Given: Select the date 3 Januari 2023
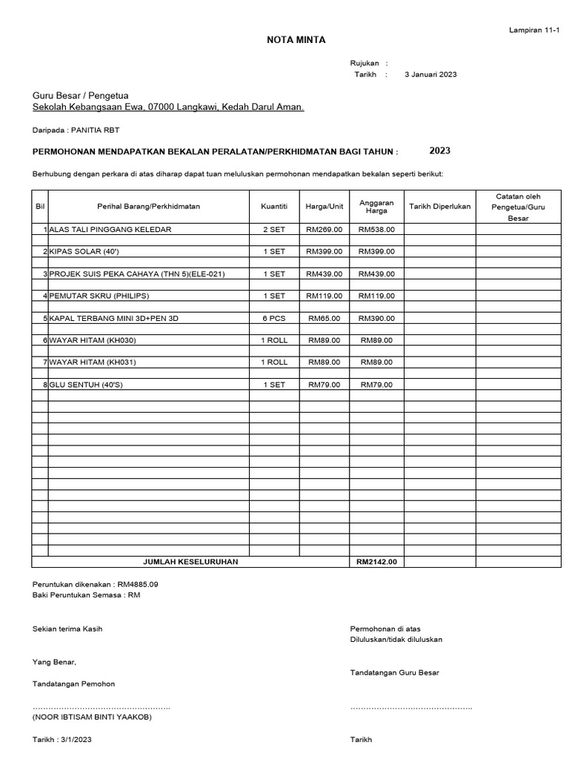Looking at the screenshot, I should pos(430,75).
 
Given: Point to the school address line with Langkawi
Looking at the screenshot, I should pos(168,107).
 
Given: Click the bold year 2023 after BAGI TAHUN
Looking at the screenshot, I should pos(439,150).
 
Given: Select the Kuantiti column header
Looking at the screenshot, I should pos(273,206).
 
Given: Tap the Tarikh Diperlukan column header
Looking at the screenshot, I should pos(439,206).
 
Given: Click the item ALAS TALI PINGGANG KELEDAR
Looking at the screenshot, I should pos(110,230).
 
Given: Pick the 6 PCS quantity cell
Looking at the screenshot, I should pos(273,318).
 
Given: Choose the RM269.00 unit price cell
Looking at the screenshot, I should pos(324,230).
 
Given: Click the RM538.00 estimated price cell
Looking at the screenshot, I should pos(376,230).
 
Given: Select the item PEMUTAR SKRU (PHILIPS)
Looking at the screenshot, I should pos(99,296).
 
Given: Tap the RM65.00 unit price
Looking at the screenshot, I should pos(324,318).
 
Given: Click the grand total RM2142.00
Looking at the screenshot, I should pos(376,562).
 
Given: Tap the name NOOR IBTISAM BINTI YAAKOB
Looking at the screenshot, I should pos(93,717).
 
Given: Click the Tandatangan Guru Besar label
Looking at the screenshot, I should pos(394,672).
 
